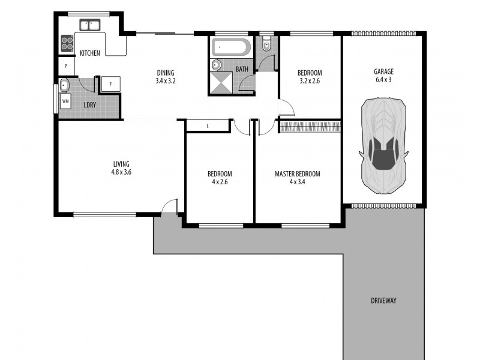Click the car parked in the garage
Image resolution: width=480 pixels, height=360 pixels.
coord(383,146)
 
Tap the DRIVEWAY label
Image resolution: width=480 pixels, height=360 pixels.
coord(383,301)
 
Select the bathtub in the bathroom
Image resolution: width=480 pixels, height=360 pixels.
coord(231,47)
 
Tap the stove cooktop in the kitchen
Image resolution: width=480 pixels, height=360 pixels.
coord(67,43)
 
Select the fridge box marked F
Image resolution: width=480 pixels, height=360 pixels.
coord(110,84)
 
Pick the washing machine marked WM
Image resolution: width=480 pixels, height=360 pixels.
coord(65,102)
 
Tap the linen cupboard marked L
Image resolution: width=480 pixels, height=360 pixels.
coord(208,125)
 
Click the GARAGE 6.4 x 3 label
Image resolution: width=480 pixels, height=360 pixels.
coord(383,75)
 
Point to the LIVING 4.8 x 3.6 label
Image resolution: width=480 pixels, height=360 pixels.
coord(121,167)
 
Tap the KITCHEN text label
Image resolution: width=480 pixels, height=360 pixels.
coord(90,53)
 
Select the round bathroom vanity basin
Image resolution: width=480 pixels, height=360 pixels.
coord(216,65)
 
